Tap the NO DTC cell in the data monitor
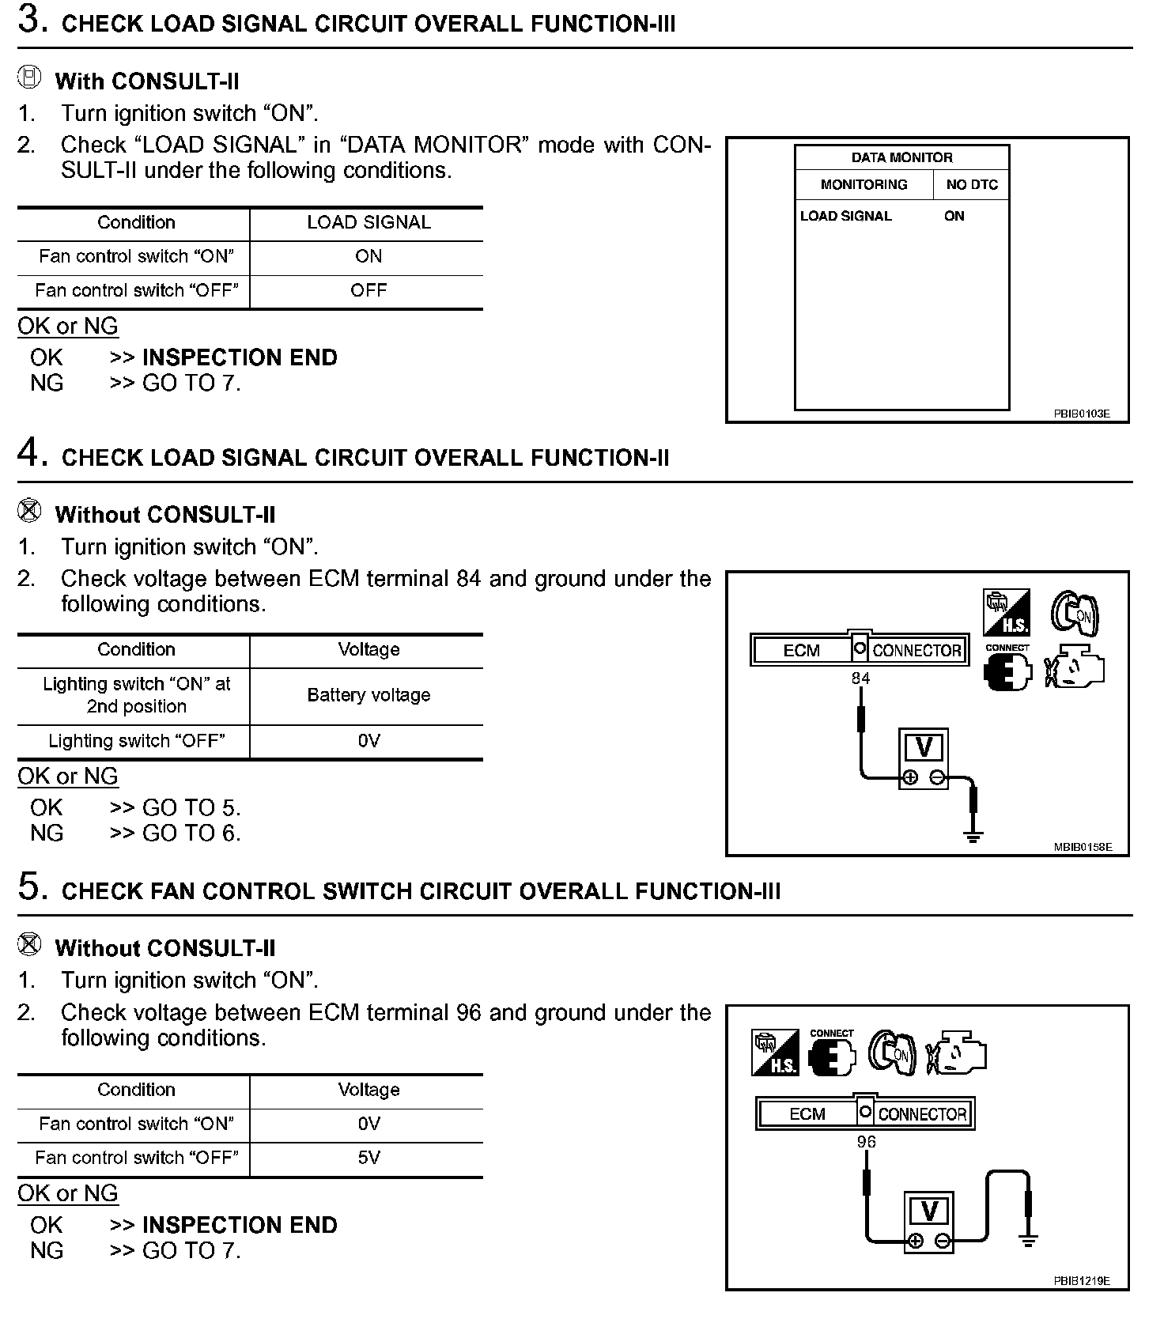point(972,184)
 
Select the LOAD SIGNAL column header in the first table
point(368,222)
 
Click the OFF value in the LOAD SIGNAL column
point(368,290)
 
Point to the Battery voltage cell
point(368,695)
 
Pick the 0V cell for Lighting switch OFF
point(368,741)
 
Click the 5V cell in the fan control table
point(368,1158)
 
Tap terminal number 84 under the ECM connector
point(860,678)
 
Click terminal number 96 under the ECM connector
point(867,1142)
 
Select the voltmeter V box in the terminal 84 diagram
point(924,748)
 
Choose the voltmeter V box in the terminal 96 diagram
point(929,1211)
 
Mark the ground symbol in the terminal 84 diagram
point(973,835)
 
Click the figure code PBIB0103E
point(1081,413)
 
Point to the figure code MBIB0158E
point(1083,847)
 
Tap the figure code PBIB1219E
point(1081,1281)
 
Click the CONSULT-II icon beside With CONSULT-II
point(29,78)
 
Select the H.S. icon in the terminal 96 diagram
point(775,1053)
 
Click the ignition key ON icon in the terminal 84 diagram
point(1075,612)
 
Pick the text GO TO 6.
point(191,833)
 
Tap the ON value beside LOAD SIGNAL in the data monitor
point(954,216)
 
